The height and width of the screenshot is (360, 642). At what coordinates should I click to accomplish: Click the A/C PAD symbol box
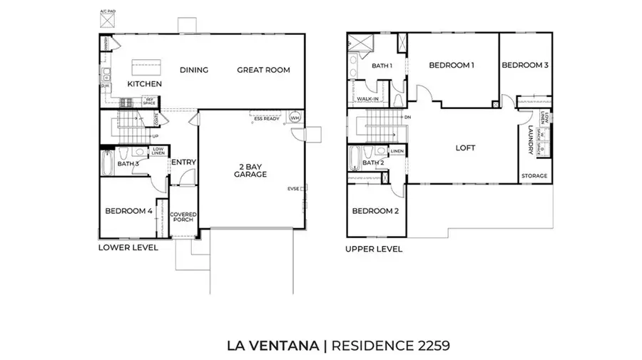[x=107, y=22]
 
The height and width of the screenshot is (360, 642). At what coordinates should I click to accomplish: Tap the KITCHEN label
[x=145, y=84]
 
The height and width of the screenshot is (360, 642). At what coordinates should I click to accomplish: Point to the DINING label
[x=194, y=70]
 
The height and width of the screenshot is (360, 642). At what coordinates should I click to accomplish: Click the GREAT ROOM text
[x=264, y=70]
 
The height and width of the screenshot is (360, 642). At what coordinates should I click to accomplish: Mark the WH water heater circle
[x=295, y=117]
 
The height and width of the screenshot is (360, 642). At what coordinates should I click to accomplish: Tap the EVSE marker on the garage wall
[x=294, y=188]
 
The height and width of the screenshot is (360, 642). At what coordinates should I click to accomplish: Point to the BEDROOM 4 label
[x=128, y=211]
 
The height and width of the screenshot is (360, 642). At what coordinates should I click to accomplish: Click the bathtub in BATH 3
[x=106, y=164]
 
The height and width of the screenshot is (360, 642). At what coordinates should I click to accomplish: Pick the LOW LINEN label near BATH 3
[x=158, y=151]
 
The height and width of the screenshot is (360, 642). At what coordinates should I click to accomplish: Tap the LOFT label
[x=465, y=148]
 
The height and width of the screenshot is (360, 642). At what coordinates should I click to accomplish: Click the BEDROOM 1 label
[x=452, y=66]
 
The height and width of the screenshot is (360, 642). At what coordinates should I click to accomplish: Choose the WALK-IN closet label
[x=367, y=99]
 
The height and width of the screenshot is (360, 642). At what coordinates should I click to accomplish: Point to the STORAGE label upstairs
[x=534, y=175]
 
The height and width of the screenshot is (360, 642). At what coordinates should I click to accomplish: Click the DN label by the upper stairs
[x=407, y=117]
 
